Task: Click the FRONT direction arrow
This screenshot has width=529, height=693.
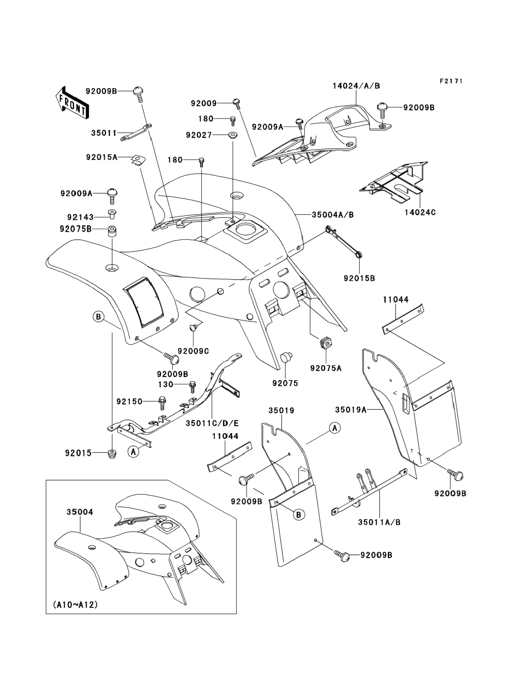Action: click(x=72, y=103)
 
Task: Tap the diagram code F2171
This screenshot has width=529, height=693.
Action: click(x=451, y=81)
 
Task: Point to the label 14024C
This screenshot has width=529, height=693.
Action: click(x=421, y=212)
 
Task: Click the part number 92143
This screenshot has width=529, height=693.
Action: click(x=80, y=217)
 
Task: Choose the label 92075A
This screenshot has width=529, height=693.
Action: click(x=326, y=368)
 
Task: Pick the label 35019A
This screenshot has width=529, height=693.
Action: click(x=351, y=410)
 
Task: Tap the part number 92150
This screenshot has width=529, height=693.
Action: click(x=129, y=401)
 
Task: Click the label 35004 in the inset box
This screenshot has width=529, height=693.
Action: click(x=80, y=512)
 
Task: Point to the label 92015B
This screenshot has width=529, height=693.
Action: click(x=359, y=278)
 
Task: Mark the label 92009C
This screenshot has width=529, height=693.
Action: click(x=193, y=351)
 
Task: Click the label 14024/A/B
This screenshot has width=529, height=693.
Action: click(x=356, y=86)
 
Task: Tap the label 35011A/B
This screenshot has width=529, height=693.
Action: click(x=379, y=522)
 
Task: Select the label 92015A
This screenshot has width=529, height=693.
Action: click(x=102, y=157)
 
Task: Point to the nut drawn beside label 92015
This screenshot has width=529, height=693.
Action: click(x=111, y=454)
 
